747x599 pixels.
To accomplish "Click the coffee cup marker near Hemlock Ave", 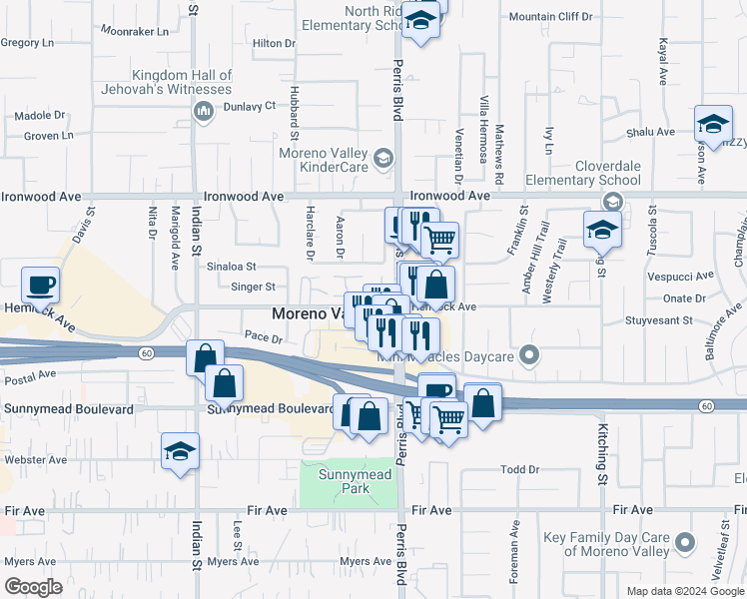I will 40,286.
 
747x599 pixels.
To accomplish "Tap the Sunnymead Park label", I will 345,481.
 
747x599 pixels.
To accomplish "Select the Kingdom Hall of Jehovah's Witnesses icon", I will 203,111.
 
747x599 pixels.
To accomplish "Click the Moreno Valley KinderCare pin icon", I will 381,159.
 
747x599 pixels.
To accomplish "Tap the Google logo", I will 33,586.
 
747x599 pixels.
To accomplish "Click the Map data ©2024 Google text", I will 684,591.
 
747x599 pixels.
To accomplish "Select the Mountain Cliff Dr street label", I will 550,17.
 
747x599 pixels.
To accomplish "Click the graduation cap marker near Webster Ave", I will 180,451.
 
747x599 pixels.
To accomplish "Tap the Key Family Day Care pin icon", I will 684,543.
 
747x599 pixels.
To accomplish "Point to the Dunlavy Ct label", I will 249,106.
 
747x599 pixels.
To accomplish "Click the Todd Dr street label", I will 519,469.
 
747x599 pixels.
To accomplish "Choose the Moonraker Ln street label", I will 135,31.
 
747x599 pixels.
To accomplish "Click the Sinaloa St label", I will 231,267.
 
